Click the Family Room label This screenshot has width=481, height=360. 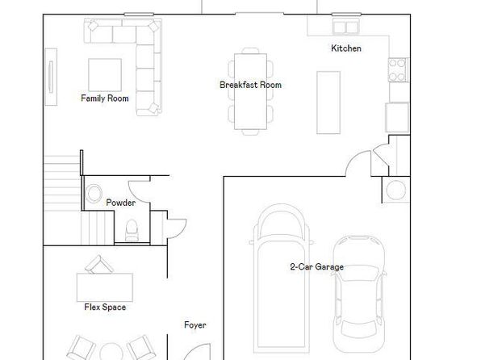pyautogui.click(x=105, y=98)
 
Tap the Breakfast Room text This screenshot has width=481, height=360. pyautogui.click(x=250, y=85)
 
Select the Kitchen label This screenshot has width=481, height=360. pyautogui.click(x=346, y=48)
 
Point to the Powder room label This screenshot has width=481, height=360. pyautogui.click(x=120, y=203)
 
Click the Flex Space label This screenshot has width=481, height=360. pyautogui.click(x=105, y=307)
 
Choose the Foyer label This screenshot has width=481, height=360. pyautogui.click(x=195, y=325)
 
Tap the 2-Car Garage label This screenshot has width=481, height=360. pyautogui.click(x=316, y=266)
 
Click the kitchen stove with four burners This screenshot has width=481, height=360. pyautogui.click(x=398, y=70)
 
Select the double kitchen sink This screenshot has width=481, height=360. pyautogui.click(x=346, y=27)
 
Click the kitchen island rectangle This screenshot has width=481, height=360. pyautogui.click(x=328, y=103)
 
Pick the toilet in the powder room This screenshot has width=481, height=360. pyautogui.click(x=132, y=230)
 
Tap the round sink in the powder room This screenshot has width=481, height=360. pyautogui.click(x=94, y=194)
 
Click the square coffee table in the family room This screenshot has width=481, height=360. pyautogui.click(x=105, y=75)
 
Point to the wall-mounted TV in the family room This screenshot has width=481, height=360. pyautogui.click(x=51, y=77)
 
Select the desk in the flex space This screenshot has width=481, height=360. pyautogui.click(x=105, y=287)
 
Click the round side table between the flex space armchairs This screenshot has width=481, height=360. pyautogui.click(x=111, y=352)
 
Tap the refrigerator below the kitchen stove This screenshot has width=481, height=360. pyautogui.click(x=397, y=118)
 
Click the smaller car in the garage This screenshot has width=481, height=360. pyautogui.click(x=359, y=294)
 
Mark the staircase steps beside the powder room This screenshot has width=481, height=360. pyautogui.click(x=62, y=200)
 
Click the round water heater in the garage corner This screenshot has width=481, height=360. pyautogui.click(x=396, y=190)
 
